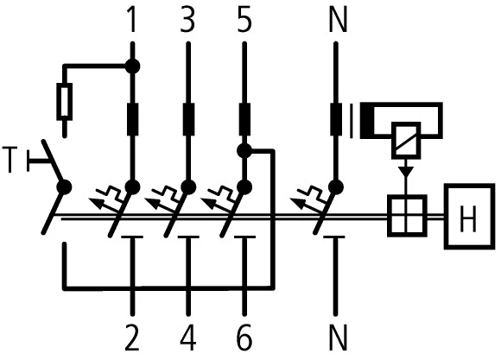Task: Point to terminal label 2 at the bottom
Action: point(132,338)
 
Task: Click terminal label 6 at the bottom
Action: point(245,338)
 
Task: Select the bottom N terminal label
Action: point(339,338)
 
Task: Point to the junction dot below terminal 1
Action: point(132,65)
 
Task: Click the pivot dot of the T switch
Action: point(63,186)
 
